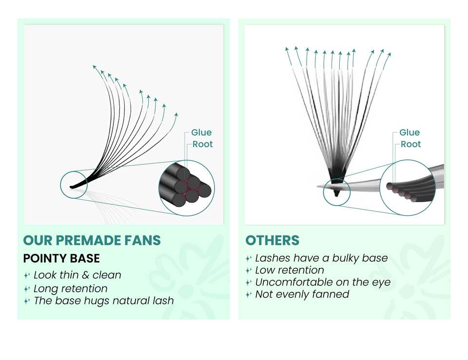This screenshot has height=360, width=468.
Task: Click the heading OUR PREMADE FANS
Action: [92, 240]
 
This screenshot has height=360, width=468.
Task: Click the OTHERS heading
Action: [272, 240]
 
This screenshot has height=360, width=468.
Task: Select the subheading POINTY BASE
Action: [61, 258]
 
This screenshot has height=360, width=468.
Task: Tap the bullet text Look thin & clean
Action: [77, 275]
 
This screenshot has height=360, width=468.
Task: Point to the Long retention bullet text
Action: [70, 288]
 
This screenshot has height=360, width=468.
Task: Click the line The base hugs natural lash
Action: [103, 301]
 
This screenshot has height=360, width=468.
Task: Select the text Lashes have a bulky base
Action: [321, 258]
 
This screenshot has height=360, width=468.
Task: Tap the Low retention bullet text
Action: [290, 270]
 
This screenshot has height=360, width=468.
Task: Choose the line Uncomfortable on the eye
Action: [323, 282]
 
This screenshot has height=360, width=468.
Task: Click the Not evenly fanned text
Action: [302, 294]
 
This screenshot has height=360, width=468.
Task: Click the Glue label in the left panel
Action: [201, 133]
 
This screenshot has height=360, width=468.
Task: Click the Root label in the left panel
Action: [202, 144]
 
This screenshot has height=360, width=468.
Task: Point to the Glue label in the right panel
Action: [409, 133]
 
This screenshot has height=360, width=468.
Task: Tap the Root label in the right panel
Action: [410, 144]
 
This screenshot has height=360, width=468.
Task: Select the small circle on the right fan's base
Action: [337, 192]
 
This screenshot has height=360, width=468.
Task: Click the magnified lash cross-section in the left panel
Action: [187, 188]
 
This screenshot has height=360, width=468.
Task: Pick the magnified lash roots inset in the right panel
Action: [407, 188]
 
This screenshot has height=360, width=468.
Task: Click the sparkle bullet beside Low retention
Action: [249, 270]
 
